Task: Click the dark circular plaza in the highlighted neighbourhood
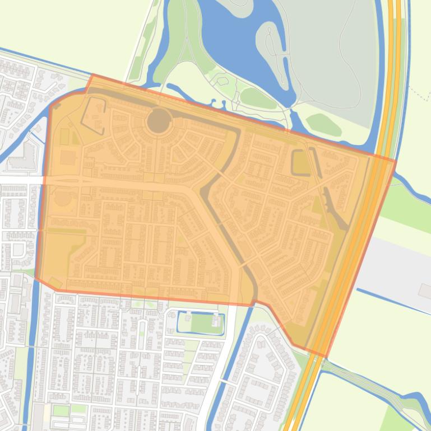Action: tap(159, 121)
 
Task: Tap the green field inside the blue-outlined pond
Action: tap(201, 324)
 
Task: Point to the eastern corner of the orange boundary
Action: tap(396, 161)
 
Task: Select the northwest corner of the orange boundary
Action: tap(91, 74)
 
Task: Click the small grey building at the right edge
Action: tap(425, 290)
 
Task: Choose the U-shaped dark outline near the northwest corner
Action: tap(94, 115)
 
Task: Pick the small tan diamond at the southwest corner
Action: tap(55, 283)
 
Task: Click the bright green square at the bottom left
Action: tap(61, 410)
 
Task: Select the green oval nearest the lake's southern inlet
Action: tap(258, 99)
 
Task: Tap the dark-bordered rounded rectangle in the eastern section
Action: tap(301, 162)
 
